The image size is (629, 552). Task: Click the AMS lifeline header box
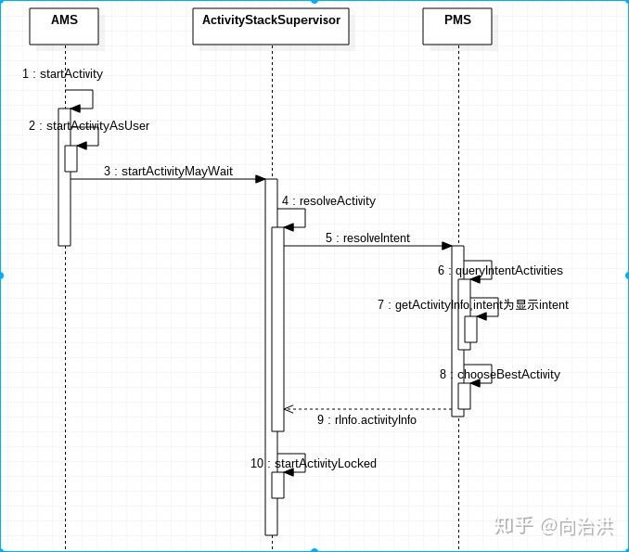point(64,26)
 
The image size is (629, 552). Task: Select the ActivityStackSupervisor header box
point(271,26)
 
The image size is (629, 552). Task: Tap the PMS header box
point(457,26)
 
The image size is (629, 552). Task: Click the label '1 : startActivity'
point(62,74)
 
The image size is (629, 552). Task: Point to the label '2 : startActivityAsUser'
point(89,126)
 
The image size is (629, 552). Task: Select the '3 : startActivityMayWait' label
point(169,172)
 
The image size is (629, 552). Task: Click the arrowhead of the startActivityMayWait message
point(261,179)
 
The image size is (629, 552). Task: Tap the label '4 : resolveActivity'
point(329,200)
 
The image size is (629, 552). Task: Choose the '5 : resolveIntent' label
point(368,237)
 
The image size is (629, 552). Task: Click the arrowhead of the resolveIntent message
point(447,246)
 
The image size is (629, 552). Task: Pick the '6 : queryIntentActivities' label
point(500,270)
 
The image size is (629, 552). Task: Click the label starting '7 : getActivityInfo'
point(473,305)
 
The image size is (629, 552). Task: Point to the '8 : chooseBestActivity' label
point(500,374)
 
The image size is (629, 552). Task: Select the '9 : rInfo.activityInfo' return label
point(366,419)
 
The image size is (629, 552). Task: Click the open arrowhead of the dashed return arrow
point(289,409)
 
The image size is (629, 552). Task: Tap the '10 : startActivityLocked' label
point(314,463)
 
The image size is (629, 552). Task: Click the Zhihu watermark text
point(555,526)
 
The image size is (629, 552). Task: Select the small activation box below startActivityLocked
point(277,485)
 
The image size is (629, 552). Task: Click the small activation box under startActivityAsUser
point(71,159)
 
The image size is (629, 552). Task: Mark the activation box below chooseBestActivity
point(464,396)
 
